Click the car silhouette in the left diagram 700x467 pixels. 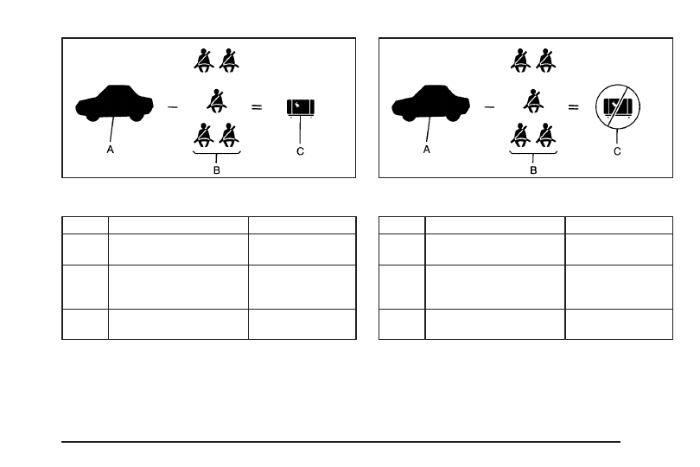click(x=114, y=103)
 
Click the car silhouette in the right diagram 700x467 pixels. click(x=431, y=103)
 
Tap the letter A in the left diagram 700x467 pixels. click(x=111, y=150)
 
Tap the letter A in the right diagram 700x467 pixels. click(x=427, y=150)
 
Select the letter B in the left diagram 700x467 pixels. click(x=217, y=170)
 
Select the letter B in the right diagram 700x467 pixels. click(x=533, y=170)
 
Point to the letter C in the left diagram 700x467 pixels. click(x=300, y=151)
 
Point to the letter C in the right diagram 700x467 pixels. click(x=617, y=151)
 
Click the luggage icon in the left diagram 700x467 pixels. click(x=301, y=108)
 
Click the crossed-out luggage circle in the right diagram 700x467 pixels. click(x=618, y=107)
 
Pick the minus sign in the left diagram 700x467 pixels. click(x=173, y=107)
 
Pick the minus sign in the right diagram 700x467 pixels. click(x=489, y=107)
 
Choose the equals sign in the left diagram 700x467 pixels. click(x=257, y=107)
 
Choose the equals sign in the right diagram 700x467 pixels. click(x=573, y=107)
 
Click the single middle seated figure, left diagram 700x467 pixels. click(x=217, y=101)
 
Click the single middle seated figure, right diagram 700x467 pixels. click(x=533, y=101)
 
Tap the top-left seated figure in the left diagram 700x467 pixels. click(x=204, y=61)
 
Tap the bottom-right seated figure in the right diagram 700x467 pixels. click(x=545, y=135)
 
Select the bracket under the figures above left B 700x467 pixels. click(x=217, y=153)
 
